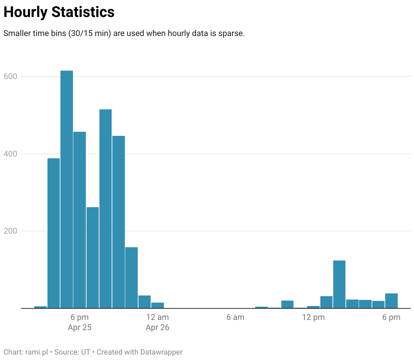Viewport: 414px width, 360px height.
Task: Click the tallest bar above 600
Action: pyautogui.click(x=67, y=189)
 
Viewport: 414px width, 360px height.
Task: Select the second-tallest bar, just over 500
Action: pyautogui.click(x=106, y=209)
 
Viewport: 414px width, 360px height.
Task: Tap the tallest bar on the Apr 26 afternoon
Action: pyautogui.click(x=339, y=284)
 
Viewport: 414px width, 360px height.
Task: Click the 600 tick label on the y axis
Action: pyautogui.click(x=10, y=76)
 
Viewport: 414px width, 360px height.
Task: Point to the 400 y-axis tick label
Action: pyautogui.click(x=10, y=154)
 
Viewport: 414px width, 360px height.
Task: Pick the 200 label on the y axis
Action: pyautogui.click(x=10, y=231)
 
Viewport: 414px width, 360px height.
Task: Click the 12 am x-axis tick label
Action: pyautogui.click(x=157, y=317)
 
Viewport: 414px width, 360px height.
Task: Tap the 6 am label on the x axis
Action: pyautogui.click(x=235, y=317)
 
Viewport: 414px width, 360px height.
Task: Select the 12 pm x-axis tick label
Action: pyautogui.click(x=313, y=317)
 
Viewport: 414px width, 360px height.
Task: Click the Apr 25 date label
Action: pyautogui.click(x=79, y=327)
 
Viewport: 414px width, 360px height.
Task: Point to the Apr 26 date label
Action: pyautogui.click(x=157, y=327)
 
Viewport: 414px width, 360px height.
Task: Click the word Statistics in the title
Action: pyautogui.click(x=83, y=12)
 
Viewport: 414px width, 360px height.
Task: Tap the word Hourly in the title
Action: pyautogui.click(x=25, y=12)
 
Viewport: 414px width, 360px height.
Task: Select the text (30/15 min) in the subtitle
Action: pyautogui.click(x=90, y=33)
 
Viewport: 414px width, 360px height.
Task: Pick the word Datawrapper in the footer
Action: pyautogui.click(x=161, y=352)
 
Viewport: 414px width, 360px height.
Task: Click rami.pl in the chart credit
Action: pyautogui.click(x=37, y=352)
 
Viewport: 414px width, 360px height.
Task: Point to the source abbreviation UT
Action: pyautogui.click(x=86, y=352)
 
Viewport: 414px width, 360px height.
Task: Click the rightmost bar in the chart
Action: pyautogui.click(x=391, y=301)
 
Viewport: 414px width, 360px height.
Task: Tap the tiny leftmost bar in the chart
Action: pyautogui.click(x=40, y=307)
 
